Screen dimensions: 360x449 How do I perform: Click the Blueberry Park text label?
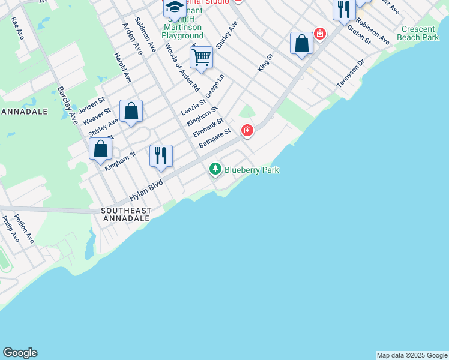pos(252,170)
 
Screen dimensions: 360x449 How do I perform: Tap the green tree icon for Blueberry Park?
pos(215,170)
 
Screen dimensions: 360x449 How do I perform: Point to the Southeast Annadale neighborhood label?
pos(126,215)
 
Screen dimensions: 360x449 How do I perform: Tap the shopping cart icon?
pos(201,58)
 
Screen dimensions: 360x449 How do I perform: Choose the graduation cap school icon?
pos(175,8)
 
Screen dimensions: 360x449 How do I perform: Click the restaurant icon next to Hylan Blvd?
pos(161,155)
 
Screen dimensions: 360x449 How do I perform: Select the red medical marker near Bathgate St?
pos(247,130)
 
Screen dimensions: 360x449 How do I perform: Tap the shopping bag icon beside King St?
pos(301,43)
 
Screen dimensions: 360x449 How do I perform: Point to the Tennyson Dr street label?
pos(351,74)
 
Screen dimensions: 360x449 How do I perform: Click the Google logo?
pos(20,353)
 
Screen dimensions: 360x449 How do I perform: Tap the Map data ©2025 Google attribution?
pos(412,355)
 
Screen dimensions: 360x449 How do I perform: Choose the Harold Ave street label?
pos(122,67)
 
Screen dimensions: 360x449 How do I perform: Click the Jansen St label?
pos(91,103)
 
